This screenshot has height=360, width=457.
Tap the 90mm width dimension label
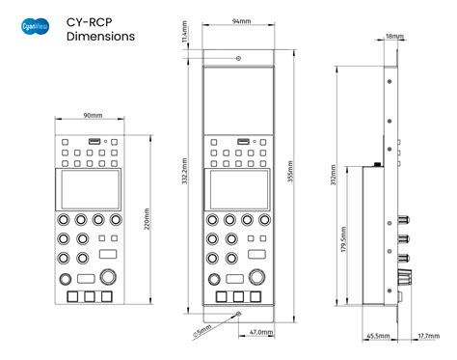(x=93, y=116)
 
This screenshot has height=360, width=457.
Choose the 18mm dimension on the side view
(x=395, y=36)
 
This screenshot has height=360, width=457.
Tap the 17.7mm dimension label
(x=426, y=336)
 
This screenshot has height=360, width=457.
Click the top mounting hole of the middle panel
(x=237, y=60)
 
